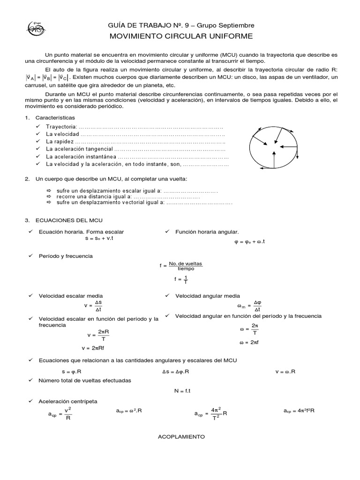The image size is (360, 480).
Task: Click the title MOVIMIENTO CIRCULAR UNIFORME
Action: coord(181,36)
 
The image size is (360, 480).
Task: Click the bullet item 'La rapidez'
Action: coord(60,142)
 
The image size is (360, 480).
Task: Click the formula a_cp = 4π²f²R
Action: coord(299,411)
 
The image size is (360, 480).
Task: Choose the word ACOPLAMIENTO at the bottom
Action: coord(181,436)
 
